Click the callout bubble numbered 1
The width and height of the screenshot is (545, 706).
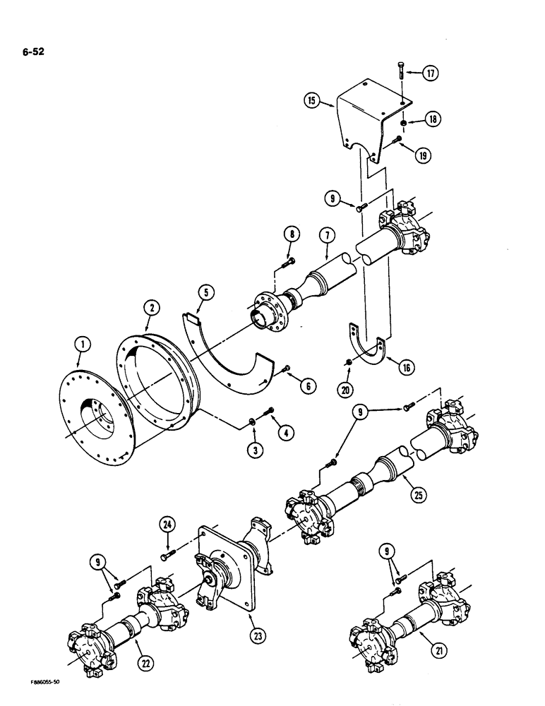(x=83, y=345)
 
